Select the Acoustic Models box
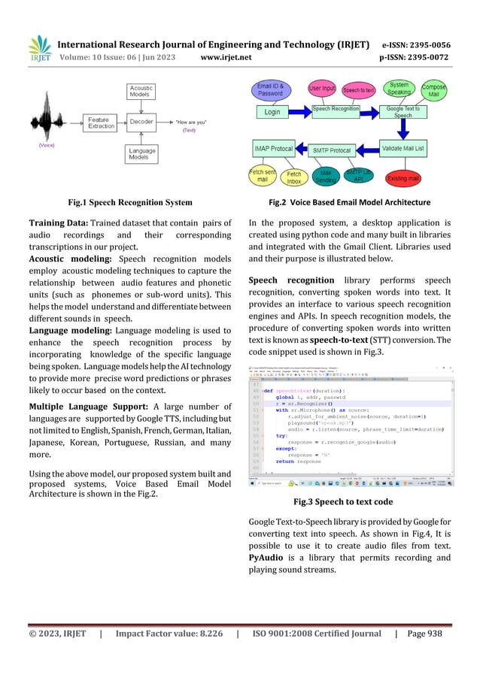[142, 91]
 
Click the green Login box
[272, 111]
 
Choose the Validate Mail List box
[403, 149]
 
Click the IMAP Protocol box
[272, 149]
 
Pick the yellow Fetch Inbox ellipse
[293, 178]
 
